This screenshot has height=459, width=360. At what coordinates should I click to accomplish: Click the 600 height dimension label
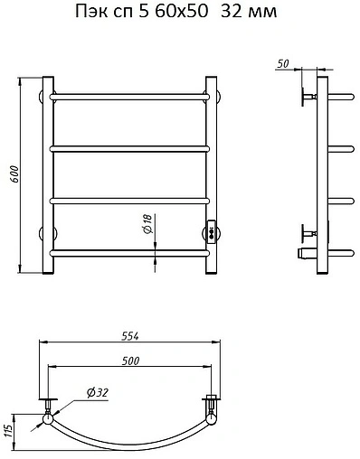click(x=14, y=174)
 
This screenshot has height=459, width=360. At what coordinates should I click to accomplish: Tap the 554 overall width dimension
click(x=130, y=336)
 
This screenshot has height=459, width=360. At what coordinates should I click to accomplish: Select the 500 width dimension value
click(x=130, y=361)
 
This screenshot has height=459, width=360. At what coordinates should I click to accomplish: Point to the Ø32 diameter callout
click(x=97, y=393)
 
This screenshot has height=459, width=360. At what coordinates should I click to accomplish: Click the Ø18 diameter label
click(x=148, y=224)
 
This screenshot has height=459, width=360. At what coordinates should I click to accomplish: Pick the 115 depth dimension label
click(x=8, y=432)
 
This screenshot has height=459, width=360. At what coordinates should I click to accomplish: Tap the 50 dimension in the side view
click(x=282, y=63)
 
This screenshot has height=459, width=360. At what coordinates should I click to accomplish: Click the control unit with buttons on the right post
click(x=211, y=231)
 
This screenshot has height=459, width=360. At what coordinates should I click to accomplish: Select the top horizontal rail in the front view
click(x=129, y=97)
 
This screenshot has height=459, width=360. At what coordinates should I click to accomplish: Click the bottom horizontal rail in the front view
click(x=129, y=253)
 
